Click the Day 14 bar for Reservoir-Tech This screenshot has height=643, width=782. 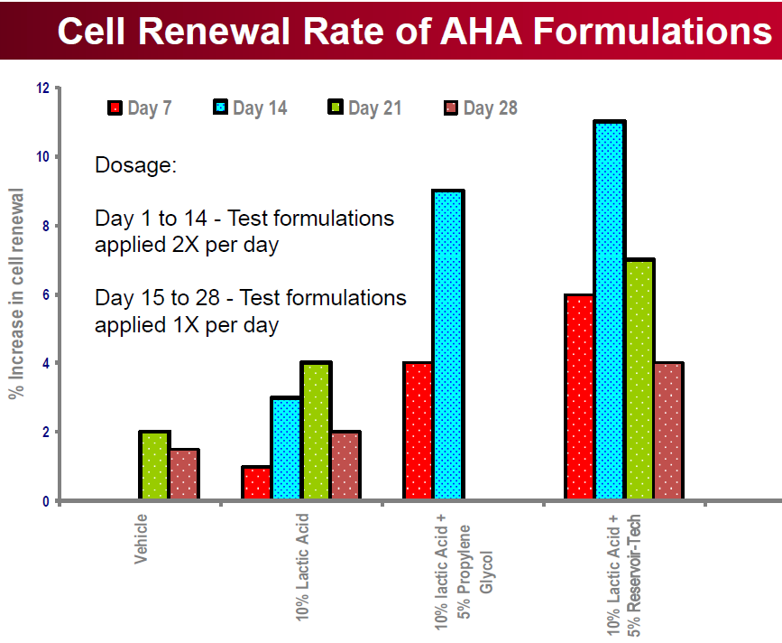(x=610, y=310)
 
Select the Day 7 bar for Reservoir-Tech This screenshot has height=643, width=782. (x=580, y=396)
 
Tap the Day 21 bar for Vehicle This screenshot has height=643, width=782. (x=154, y=465)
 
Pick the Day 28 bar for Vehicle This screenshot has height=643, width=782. (x=185, y=474)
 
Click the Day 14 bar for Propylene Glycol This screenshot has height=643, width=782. (x=448, y=344)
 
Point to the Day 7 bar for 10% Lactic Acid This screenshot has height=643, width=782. (x=256, y=483)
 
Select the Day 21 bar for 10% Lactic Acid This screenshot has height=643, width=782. (x=317, y=431)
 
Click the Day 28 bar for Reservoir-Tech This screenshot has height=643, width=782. (x=667, y=431)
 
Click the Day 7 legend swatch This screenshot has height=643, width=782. (x=115, y=107)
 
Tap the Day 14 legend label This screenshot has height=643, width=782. (x=260, y=107)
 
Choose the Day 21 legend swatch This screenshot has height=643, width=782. (x=336, y=107)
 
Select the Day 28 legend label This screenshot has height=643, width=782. (x=491, y=107)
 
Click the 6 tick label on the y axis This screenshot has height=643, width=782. (x=46, y=295)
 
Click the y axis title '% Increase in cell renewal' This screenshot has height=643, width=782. (x=16, y=294)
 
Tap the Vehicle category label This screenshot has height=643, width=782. (x=141, y=539)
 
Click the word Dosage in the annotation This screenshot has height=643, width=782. (x=135, y=165)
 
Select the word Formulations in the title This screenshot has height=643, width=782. (x=652, y=31)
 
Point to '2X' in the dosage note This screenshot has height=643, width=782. (x=186, y=245)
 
